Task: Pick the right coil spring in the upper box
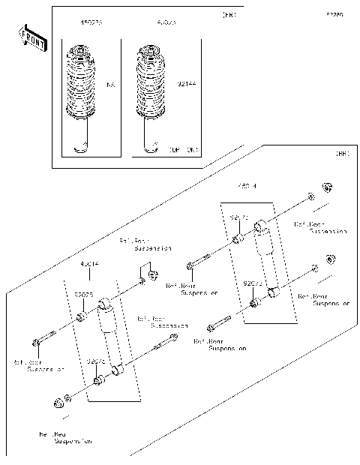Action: pos(153,84)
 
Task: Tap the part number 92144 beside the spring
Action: pos(187,86)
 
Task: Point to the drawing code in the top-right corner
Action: pos(334,14)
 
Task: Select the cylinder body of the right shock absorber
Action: pos(265,259)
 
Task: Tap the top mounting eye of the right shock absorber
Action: pos(259,224)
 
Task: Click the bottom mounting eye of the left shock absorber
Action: pos(115,370)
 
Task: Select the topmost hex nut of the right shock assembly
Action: pos(327,187)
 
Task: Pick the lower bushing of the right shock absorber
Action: pos(255,302)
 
